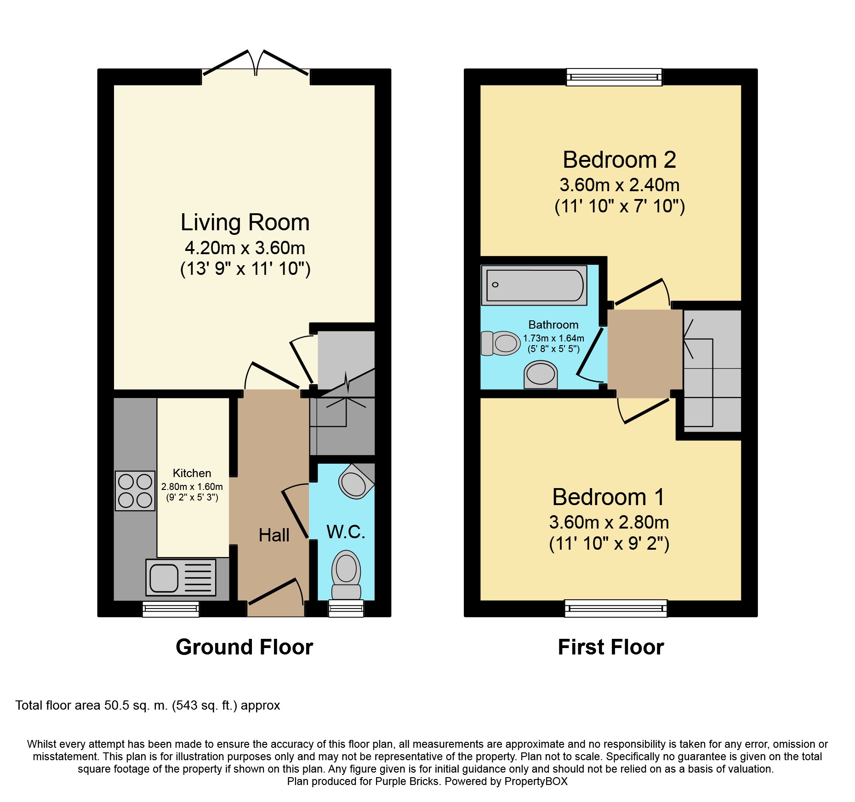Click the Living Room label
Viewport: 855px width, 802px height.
coord(245,222)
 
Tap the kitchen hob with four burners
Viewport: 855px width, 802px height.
coord(135,491)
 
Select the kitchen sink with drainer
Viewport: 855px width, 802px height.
coord(181,577)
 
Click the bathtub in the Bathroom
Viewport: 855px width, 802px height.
coord(534,285)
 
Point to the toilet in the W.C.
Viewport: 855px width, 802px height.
coord(346,575)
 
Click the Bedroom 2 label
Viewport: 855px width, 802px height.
coord(620,160)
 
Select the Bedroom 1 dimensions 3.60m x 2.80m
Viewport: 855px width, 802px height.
coord(609,522)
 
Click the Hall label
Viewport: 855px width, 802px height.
coord(274,535)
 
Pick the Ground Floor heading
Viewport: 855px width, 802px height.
coord(245,647)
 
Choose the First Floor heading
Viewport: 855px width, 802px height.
coord(611,647)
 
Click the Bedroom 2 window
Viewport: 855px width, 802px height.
coord(614,77)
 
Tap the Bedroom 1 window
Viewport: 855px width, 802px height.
coord(616,609)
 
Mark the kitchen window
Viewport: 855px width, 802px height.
coord(171,609)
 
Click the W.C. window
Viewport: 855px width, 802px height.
coord(346,609)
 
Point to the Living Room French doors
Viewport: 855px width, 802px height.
coord(256,64)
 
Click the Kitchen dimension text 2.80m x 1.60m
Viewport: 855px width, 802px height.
coord(192,487)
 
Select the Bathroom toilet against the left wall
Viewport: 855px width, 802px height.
coord(501,343)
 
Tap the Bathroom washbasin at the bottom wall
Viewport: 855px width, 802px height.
coord(541,375)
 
